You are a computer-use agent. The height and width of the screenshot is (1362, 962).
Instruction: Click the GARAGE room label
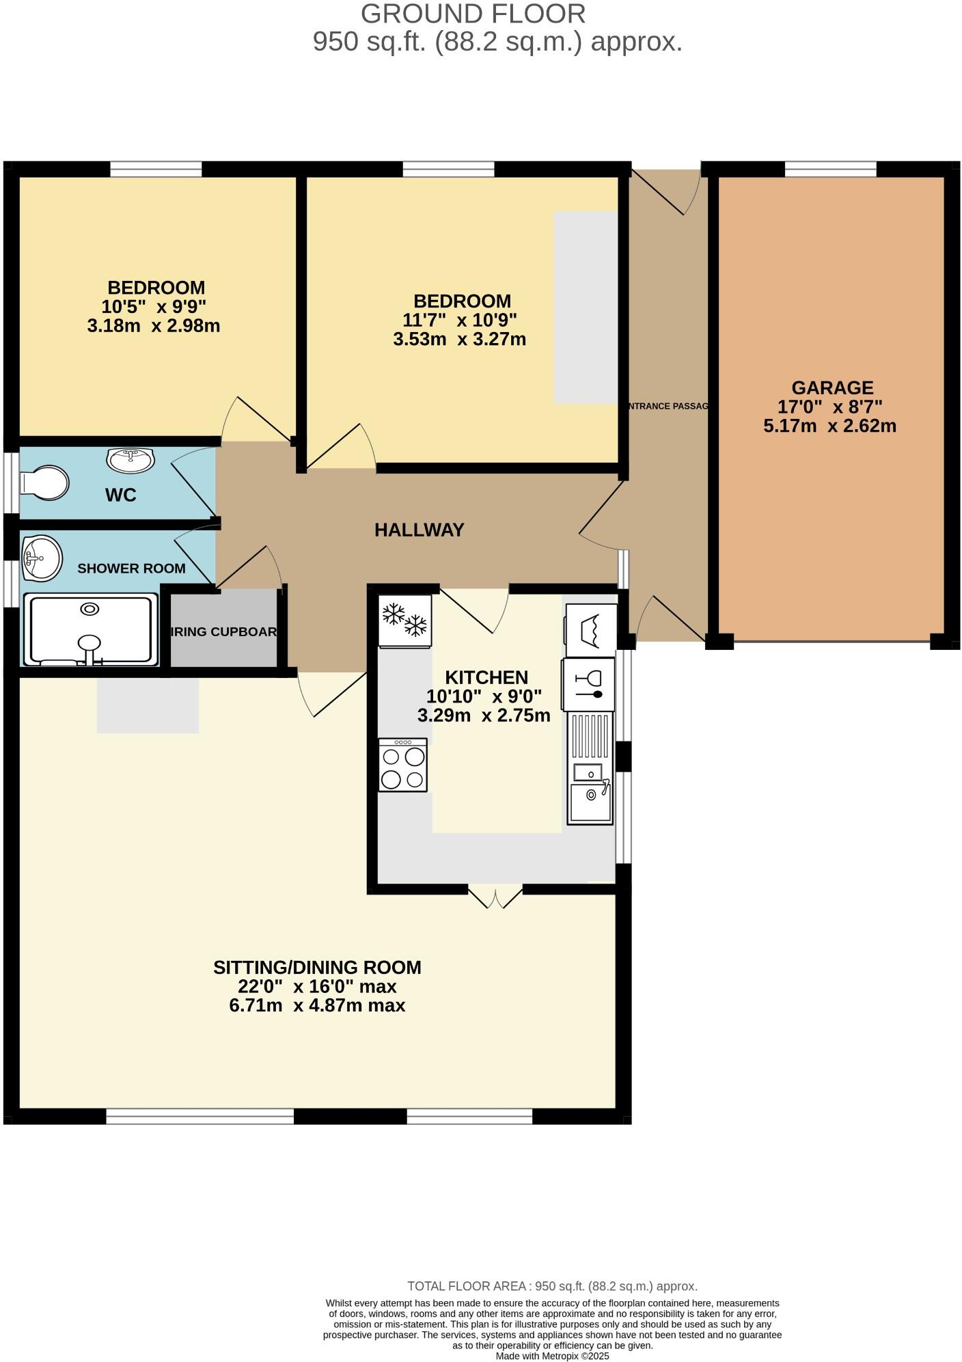832,388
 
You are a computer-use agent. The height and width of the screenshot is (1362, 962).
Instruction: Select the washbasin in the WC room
130,460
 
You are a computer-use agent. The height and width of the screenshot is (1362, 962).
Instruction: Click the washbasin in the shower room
42,558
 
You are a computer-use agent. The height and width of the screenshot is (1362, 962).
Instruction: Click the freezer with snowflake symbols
405,621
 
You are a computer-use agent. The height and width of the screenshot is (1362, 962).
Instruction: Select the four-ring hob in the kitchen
403,765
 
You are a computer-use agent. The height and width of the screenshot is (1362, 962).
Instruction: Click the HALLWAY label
419,530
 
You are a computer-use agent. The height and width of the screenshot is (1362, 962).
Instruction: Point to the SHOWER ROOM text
131,569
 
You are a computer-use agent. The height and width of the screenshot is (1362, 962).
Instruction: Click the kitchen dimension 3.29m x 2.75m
484,716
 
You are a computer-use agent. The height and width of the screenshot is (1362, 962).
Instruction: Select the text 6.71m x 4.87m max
317,1005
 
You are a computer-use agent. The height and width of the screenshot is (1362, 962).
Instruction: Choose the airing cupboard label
224,631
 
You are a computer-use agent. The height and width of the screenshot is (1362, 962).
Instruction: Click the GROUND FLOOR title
473,14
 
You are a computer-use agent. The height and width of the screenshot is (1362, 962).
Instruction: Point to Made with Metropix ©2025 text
552,1356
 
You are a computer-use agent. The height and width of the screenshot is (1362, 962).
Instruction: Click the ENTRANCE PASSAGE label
668,406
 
